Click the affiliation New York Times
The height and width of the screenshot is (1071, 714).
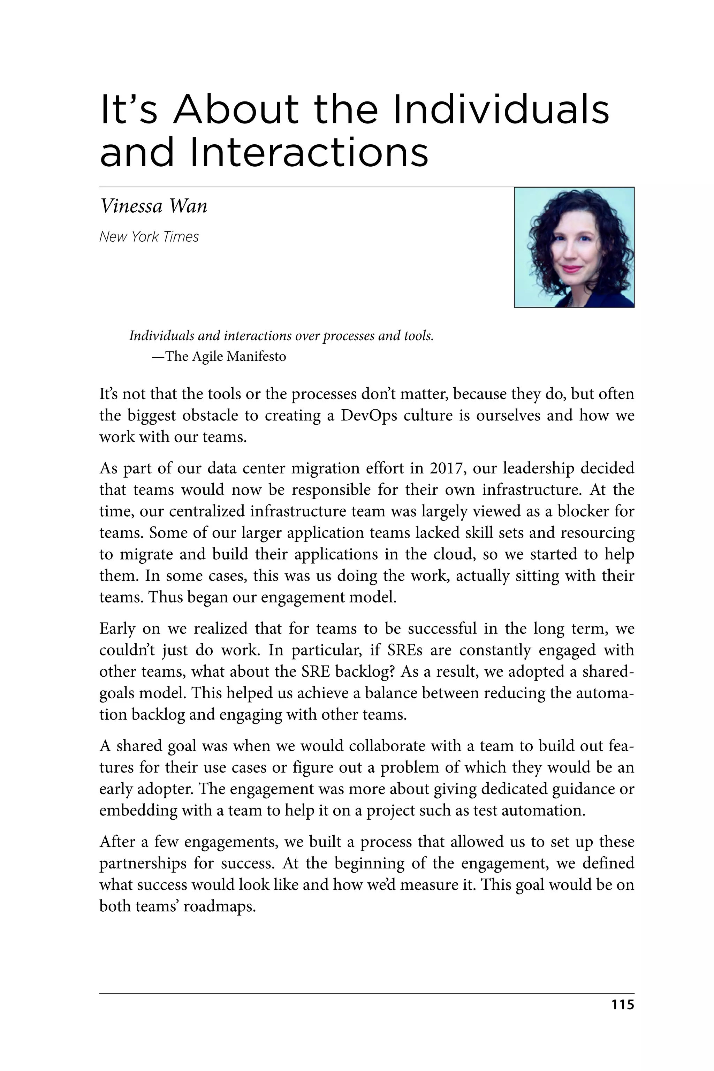pos(149,237)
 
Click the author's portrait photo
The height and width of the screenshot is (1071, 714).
pos(574,247)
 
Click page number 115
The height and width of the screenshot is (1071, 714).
pos(622,1004)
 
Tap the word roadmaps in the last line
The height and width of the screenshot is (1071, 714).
pos(226,906)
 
